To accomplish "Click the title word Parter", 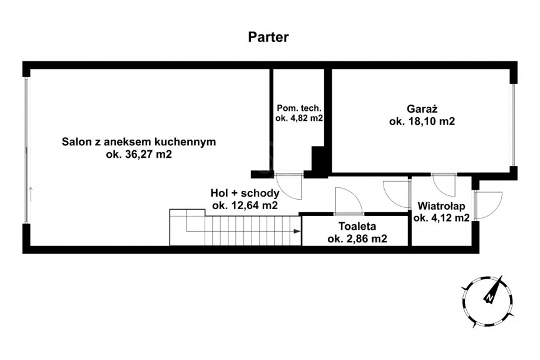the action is (268, 37).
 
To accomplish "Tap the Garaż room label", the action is (422, 109).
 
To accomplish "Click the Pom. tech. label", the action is (299, 108).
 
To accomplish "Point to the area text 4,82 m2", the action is (305, 118).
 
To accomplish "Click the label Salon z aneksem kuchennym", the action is (139, 141).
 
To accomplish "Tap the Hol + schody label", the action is (245, 193).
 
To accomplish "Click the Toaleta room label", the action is (357, 227).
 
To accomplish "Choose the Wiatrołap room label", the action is (441, 206).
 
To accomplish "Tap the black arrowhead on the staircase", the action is (297, 231).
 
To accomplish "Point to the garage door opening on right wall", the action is (514, 125).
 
